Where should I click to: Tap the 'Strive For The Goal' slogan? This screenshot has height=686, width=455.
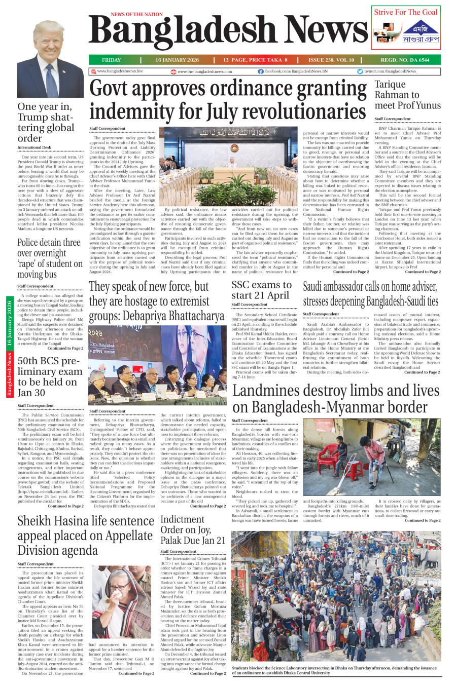[x=405, y=12]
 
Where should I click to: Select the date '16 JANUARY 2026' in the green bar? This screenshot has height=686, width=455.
[x=177, y=60]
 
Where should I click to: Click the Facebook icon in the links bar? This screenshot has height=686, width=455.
[x=261, y=72]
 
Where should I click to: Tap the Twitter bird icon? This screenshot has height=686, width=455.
[x=360, y=72]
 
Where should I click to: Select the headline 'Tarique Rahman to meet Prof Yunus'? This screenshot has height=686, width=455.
[x=407, y=95]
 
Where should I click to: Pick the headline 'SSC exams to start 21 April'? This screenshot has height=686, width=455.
[x=262, y=290]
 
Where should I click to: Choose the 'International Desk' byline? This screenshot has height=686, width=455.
[x=34, y=147]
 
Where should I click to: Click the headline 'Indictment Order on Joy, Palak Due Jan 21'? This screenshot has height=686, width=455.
[x=192, y=529]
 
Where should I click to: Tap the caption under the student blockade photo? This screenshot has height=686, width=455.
[x=334, y=670]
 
